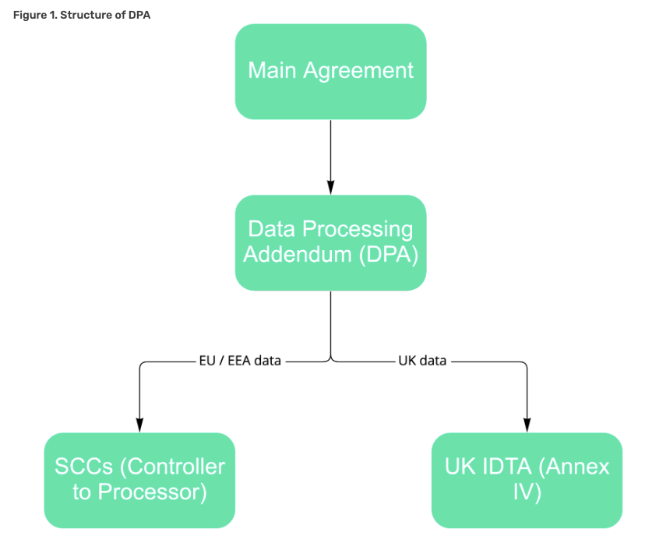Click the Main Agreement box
330,71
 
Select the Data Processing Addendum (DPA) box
330,242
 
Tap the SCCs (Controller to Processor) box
139,480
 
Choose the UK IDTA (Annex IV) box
527,480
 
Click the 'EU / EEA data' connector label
239,361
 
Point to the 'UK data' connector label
423,361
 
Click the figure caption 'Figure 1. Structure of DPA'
82,16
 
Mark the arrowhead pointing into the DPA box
330,188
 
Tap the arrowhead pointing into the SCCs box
139,425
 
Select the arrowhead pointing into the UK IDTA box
527,425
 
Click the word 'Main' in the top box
272,71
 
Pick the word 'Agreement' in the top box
358,71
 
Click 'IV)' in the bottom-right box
527,492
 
